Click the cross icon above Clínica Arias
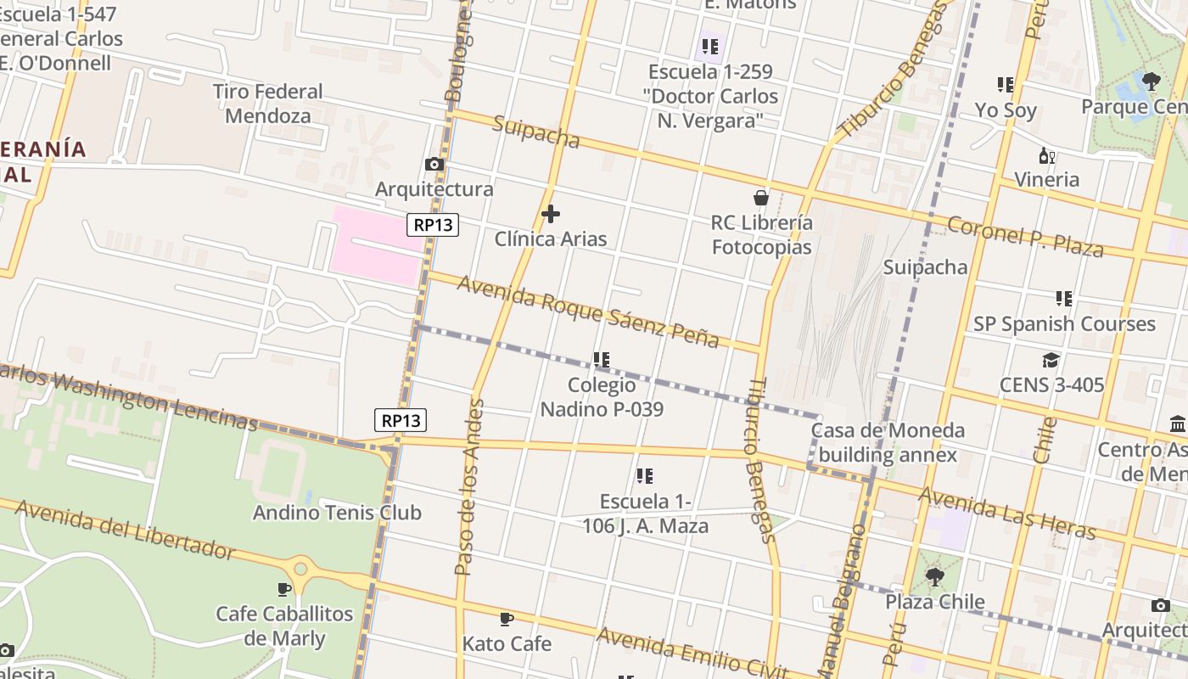click(x=551, y=213)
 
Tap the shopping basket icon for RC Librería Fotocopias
click(x=761, y=198)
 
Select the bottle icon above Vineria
click(x=1047, y=155)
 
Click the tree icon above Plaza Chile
click(x=934, y=577)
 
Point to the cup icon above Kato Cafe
click(x=507, y=619)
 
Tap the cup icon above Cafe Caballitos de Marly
click(x=284, y=589)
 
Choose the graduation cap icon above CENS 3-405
click(x=1051, y=360)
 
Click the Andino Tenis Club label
click(x=337, y=513)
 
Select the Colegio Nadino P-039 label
click(x=602, y=397)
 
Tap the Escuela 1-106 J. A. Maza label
click(x=645, y=513)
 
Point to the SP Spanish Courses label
click(x=1064, y=323)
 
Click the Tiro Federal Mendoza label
click(x=267, y=104)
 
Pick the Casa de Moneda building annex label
click(x=888, y=442)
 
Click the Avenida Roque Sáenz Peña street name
click(x=588, y=311)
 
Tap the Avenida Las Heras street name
click(x=1007, y=513)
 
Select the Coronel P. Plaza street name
click(x=1025, y=236)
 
